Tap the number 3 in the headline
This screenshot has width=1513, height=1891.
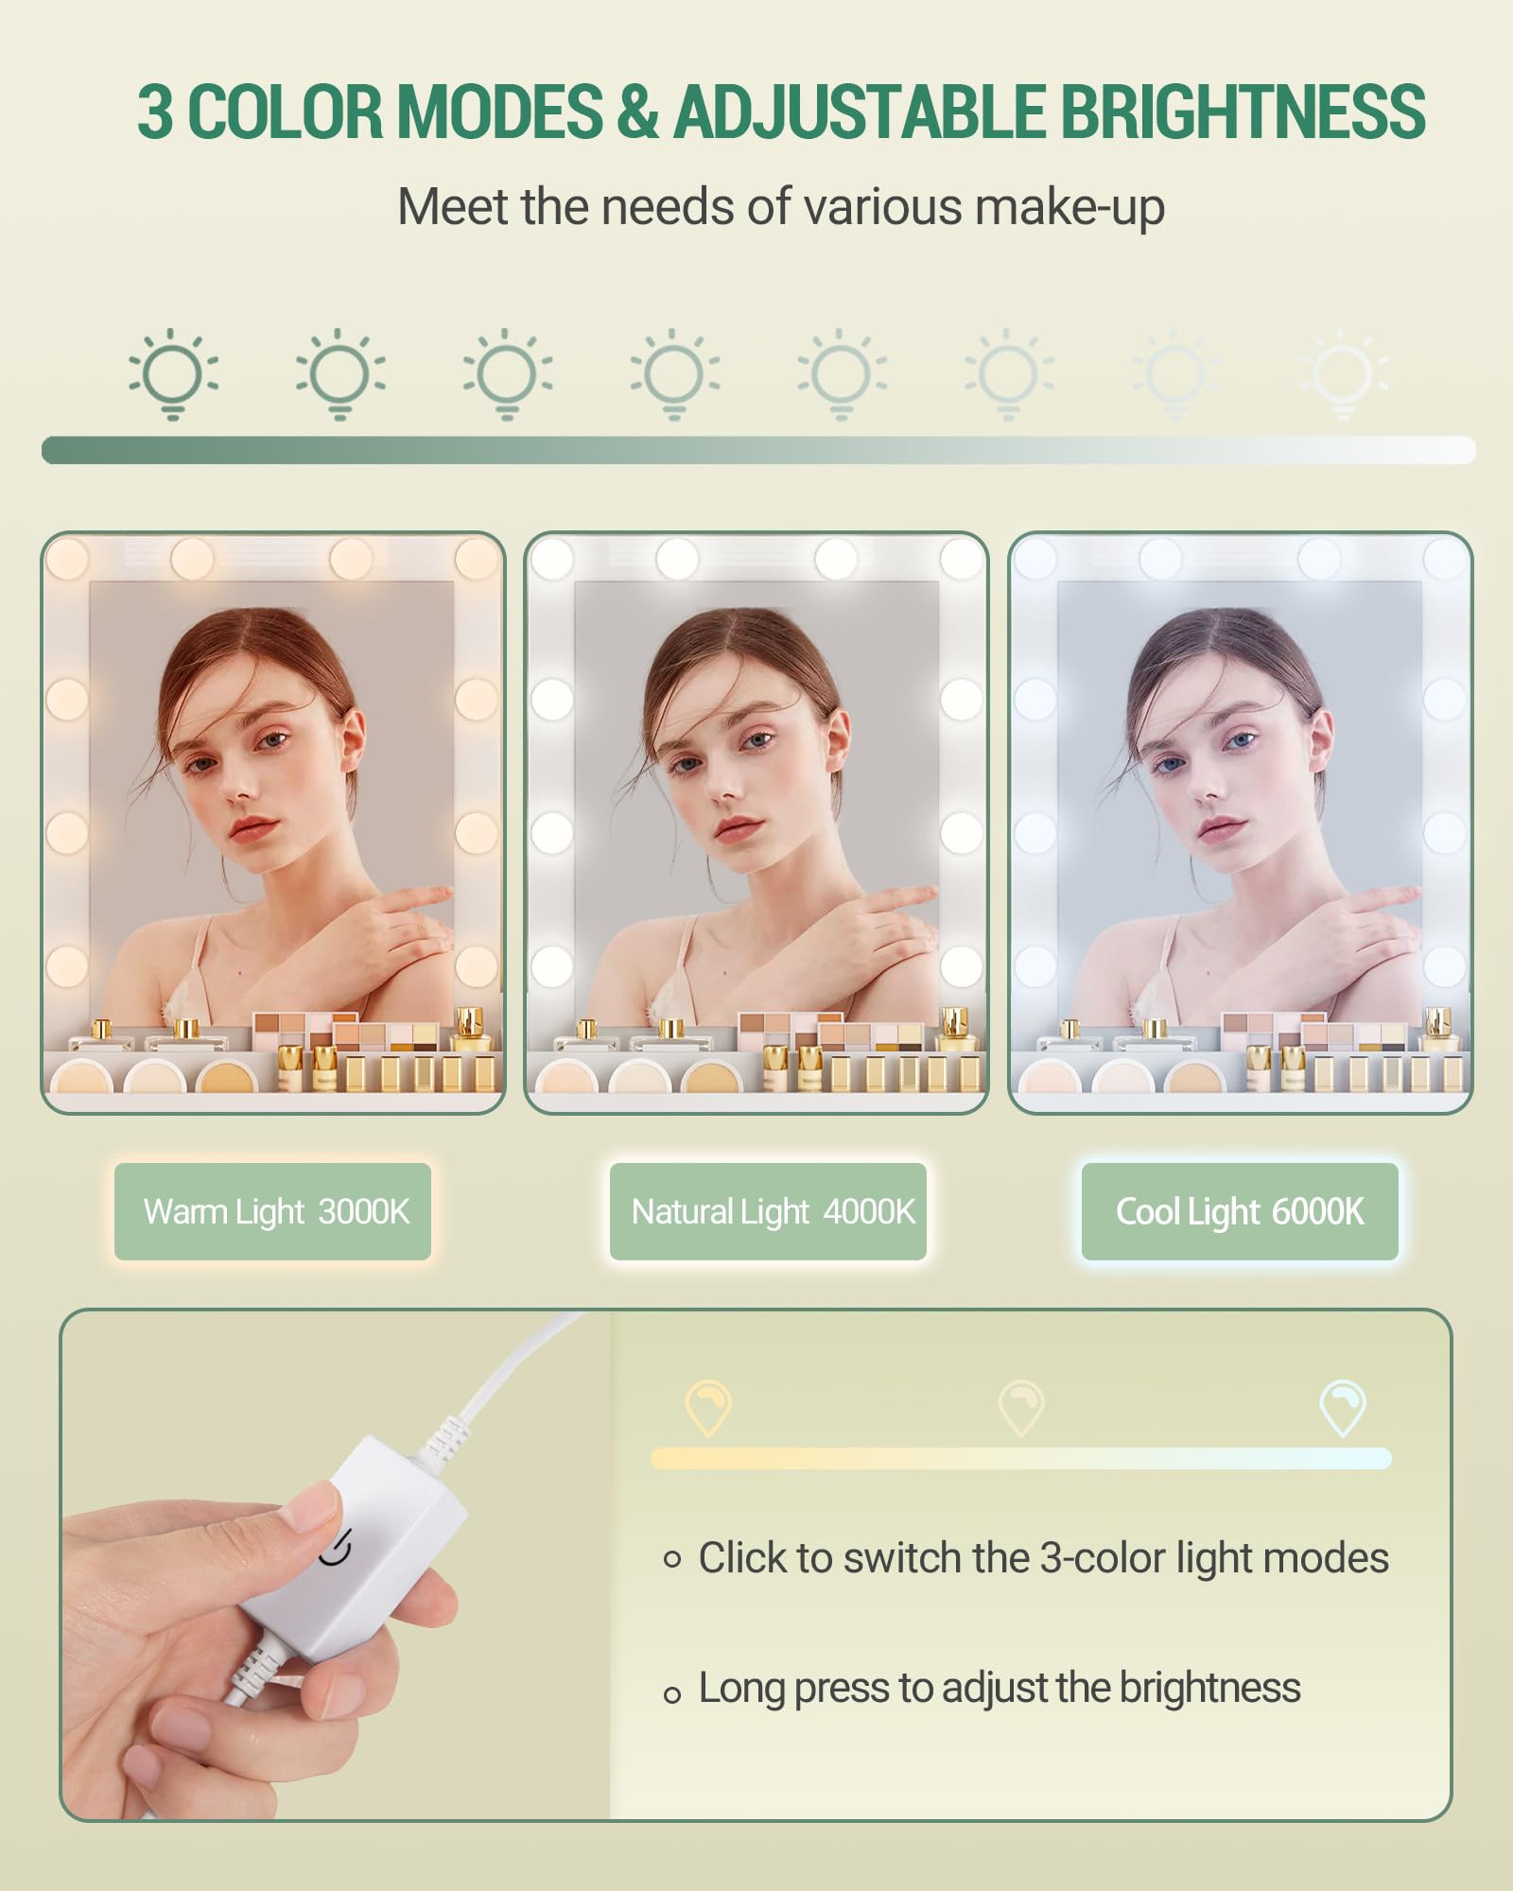point(155,112)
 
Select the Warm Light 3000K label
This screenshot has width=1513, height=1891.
point(273,1211)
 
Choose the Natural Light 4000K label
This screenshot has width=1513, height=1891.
point(768,1211)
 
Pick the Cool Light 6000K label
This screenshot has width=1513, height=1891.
point(1240,1211)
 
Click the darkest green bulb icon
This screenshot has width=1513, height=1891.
point(173,374)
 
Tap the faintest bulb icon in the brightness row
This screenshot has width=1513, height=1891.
point(1344,374)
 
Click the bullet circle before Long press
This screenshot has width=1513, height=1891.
point(672,1694)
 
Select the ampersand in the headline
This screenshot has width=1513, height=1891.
point(637,112)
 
